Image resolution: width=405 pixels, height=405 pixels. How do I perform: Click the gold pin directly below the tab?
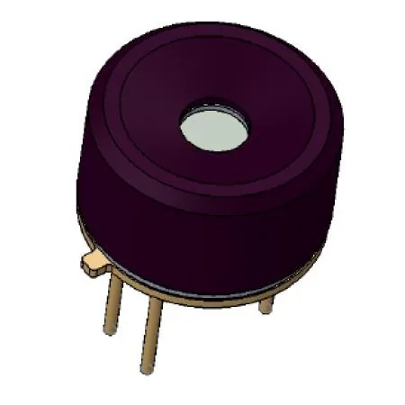click(x=114, y=301)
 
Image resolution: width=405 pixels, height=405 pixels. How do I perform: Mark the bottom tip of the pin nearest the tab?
click(x=111, y=331)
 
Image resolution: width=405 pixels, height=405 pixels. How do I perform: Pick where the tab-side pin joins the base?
click(x=117, y=274)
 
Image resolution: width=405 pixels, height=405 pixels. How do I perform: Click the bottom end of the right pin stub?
click(x=265, y=311)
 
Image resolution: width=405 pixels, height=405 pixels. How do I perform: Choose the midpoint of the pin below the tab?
click(x=114, y=302)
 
